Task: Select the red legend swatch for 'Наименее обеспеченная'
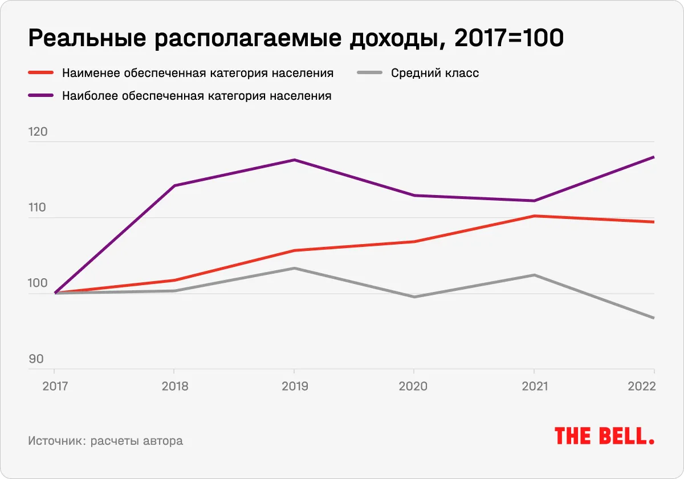coord(40,73)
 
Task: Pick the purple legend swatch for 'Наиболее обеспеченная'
coord(40,96)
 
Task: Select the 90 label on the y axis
coord(36,359)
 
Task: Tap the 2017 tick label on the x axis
coord(55,386)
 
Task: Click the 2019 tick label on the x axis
coord(295,386)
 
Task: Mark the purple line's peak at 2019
coord(294,160)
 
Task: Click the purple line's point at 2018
coord(174,185)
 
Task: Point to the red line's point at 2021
coord(534,216)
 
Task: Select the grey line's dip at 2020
coord(414,297)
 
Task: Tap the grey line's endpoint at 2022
coord(653,318)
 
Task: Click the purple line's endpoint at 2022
coord(653,157)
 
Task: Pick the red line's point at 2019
coord(294,250)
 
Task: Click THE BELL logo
coord(604,436)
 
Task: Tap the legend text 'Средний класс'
coord(435,73)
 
